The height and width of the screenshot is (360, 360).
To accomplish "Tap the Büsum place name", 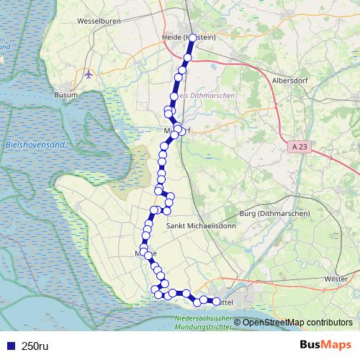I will pyautogui.click(x=66, y=94).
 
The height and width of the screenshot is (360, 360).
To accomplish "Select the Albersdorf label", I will pyautogui.click(x=292, y=81).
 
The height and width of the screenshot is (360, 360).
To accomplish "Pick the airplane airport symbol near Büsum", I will pyautogui.click(x=89, y=73).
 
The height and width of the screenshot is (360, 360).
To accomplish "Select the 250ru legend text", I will pyautogui.click(x=35, y=346).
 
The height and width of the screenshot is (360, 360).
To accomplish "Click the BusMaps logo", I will pyautogui.click(x=325, y=345).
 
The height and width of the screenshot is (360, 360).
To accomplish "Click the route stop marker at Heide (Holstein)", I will pyautogui.click(x=192, y=37).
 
